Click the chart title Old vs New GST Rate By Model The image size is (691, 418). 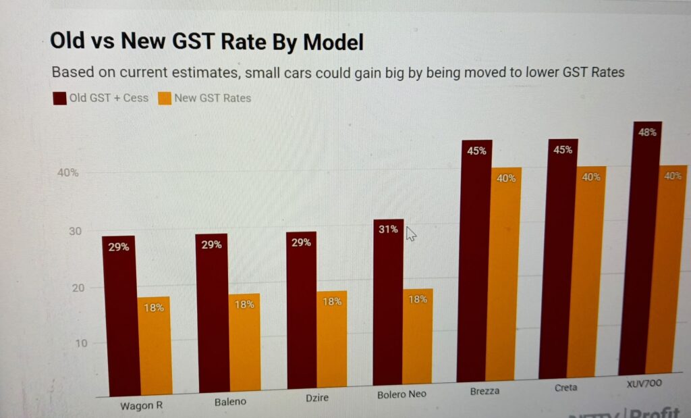coord(206,42)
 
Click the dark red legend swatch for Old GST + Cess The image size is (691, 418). coord(59,99)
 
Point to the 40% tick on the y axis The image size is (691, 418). coord(67,173)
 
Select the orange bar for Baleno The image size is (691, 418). coord(244,344)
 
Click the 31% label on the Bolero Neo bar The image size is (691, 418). coord(388,230)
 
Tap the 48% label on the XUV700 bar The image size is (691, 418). coord(646,133)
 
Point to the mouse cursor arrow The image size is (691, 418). coord(411,234)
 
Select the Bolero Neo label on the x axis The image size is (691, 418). coord(403,394)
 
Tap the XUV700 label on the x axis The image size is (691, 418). coord(644,383)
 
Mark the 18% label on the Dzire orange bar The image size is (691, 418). coord(332,301)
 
